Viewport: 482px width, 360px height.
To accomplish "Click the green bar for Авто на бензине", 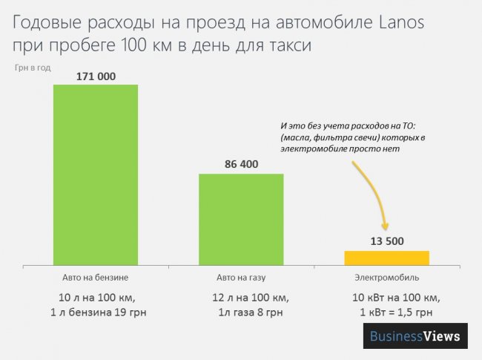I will pos(96,174).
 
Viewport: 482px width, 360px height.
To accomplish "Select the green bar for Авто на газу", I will pos(241,219).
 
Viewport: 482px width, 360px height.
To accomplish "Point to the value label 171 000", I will pos(96,76).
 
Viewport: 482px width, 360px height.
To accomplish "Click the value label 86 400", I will pos(241,164).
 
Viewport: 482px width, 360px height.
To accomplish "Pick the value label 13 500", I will pos(386,241).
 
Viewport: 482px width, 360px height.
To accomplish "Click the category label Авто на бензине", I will pos(96,278).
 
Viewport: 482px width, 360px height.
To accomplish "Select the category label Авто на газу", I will pos(241,278).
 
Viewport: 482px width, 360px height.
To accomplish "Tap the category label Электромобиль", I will pos(386,278).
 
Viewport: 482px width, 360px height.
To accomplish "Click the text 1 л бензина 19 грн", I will pos(96,312).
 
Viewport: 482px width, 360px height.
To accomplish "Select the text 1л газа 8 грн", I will pos(241,312).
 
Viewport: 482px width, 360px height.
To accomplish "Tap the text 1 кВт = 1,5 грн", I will pos(386,312).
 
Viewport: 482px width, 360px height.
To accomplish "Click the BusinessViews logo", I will pos(416,336).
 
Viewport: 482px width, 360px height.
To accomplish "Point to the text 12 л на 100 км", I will pos(241,298).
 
